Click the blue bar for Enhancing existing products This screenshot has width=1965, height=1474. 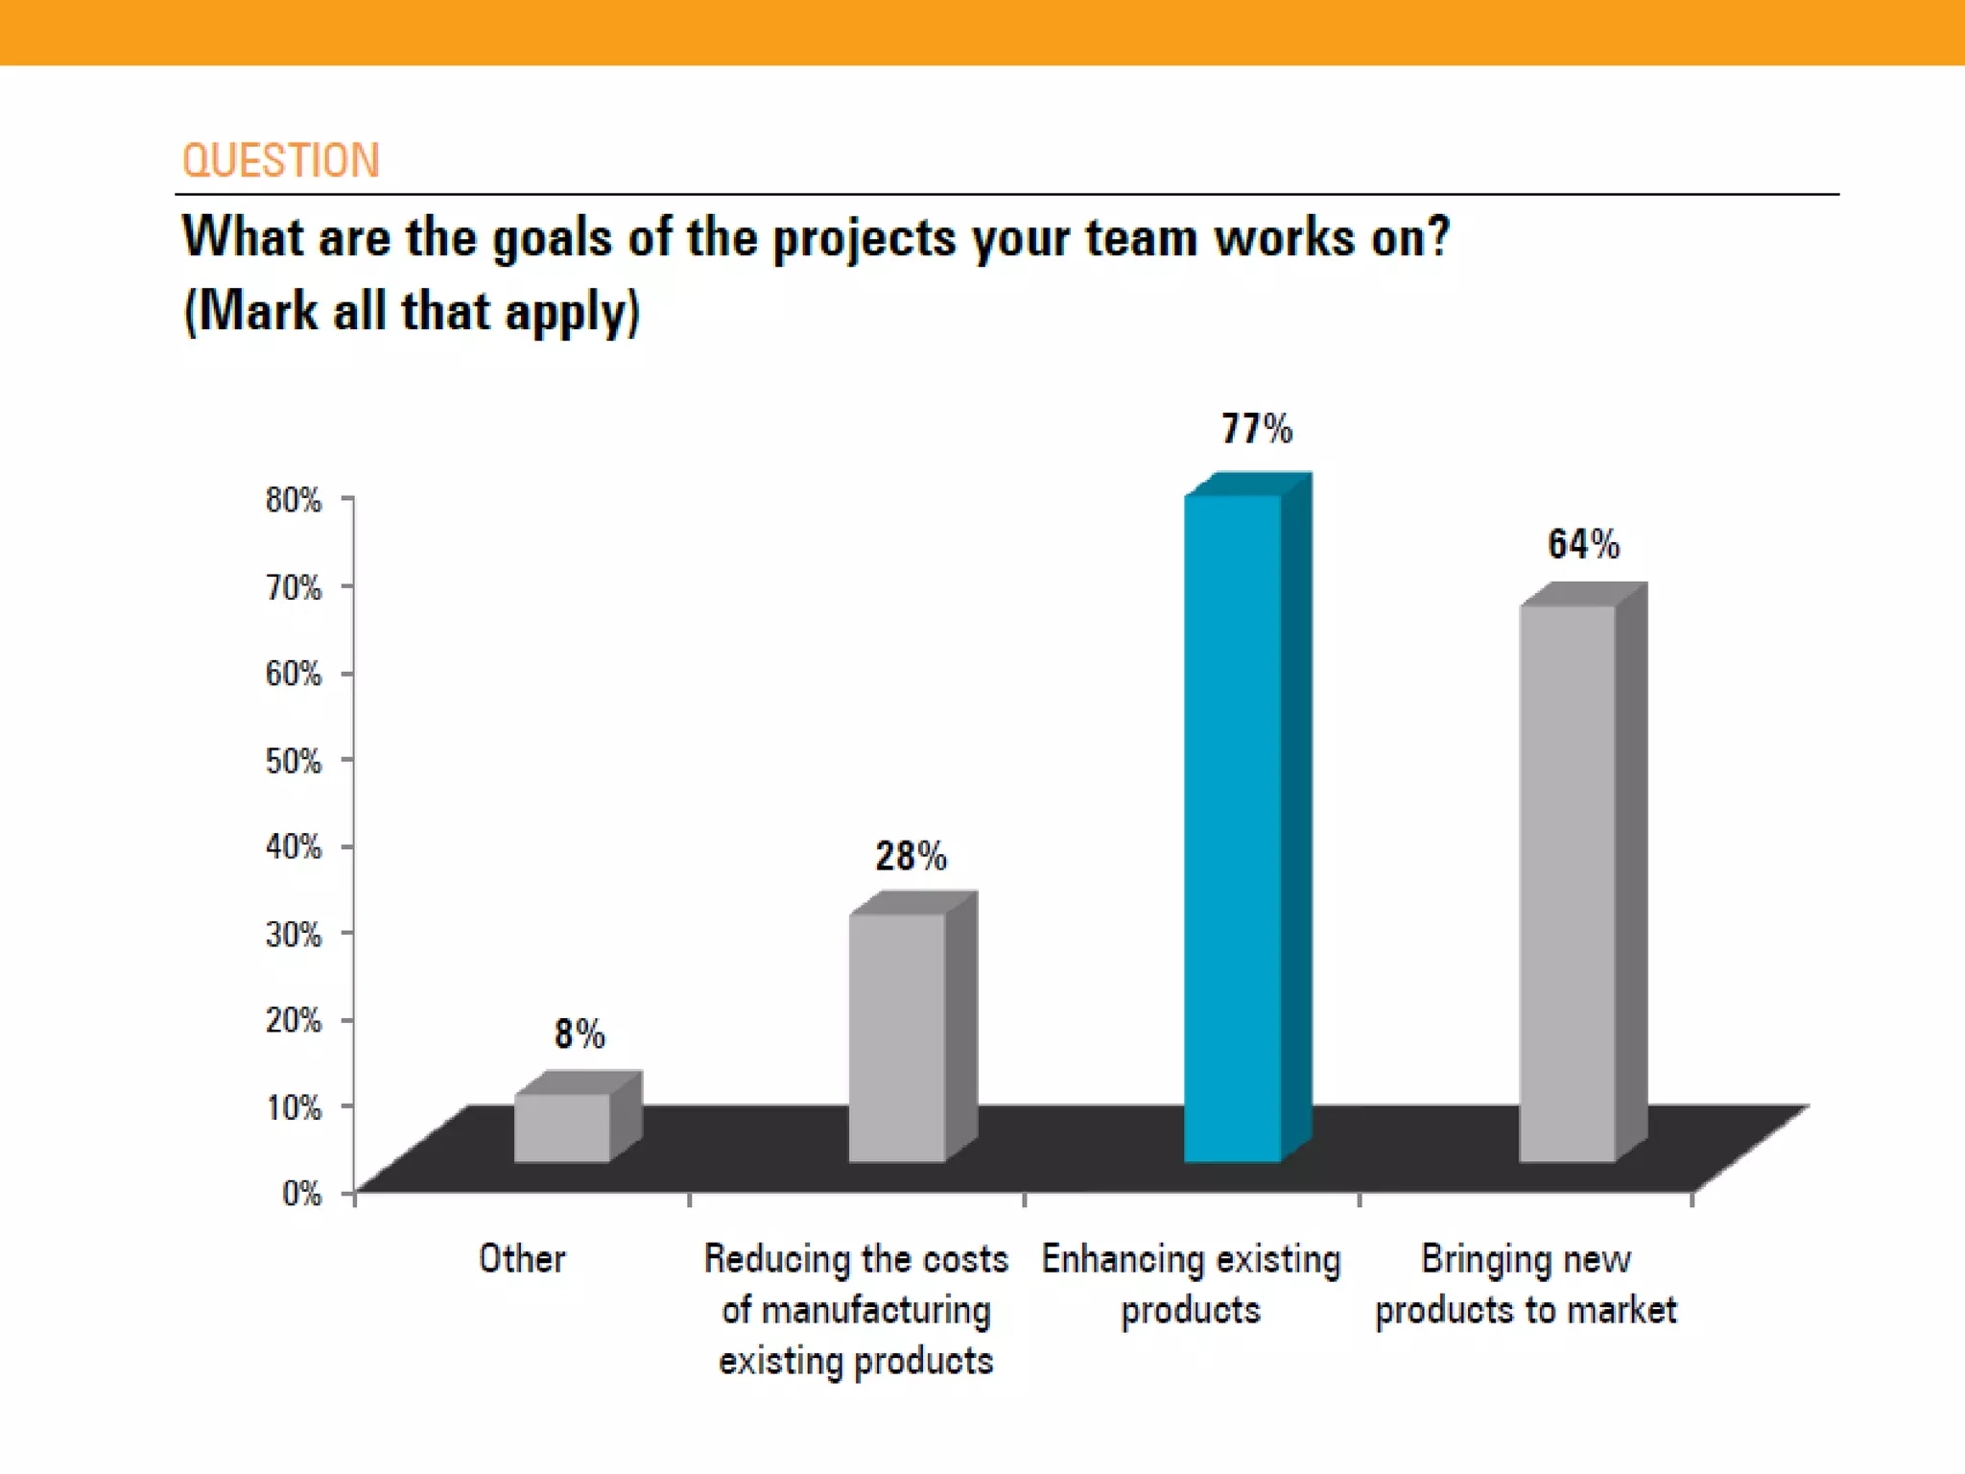[x=1233, y=825]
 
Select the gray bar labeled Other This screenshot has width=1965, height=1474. [x=562, y=1128]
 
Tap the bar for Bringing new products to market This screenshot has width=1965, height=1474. [x=1568, y=883]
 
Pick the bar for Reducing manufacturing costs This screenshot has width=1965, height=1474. [x=897, y=1036]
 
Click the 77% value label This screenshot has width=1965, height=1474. [x=1256, y=429]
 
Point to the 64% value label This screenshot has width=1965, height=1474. [x=1583, y=544]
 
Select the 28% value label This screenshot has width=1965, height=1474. [x=911, y=856]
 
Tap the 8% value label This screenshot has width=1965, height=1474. [x=580, y=1034]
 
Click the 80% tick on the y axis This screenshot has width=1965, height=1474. [x=294, y=500]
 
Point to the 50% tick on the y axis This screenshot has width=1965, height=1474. [x=294, y=761]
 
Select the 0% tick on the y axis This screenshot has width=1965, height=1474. [x=301, y=1193]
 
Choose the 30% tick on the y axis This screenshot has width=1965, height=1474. [x=294, y=934]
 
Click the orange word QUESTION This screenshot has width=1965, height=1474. [x=281, y=160]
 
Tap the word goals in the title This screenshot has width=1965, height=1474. [x=552, y=238]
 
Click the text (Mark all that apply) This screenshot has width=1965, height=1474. [x=412, y=312]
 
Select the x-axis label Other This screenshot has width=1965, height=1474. [x=522, y=1258]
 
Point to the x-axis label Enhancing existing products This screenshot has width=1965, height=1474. [x=1191, y=1284]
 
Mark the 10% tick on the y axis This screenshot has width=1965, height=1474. [x=294, y=1107]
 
